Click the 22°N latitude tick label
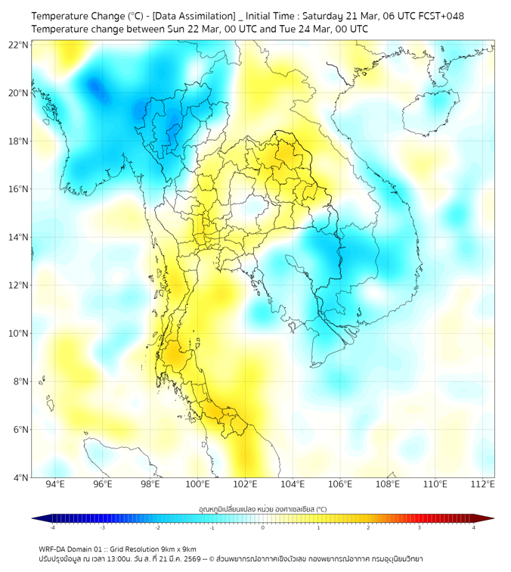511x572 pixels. point(19,45)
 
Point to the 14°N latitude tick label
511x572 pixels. point(19,237)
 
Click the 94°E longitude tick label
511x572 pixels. point(55,484)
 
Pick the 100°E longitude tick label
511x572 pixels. point(197,484)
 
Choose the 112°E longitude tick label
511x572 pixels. point(482,484)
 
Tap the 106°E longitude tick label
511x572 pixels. point(340,484)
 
